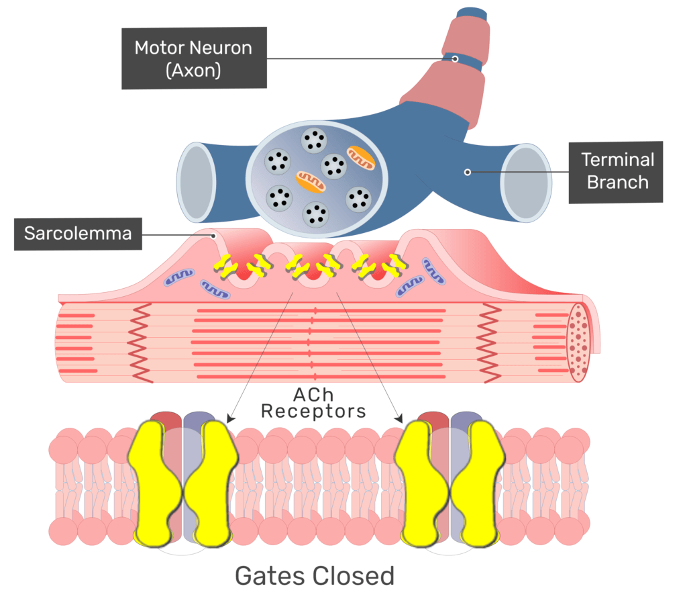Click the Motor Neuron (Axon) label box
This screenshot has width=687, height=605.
click(193, 58)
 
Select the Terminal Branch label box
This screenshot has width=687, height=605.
click(615, 172)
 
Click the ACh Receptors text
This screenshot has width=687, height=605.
click(313, 402)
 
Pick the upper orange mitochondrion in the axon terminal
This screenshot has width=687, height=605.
click(361, 157)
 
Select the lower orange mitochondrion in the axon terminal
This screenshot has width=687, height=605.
click(311, 181)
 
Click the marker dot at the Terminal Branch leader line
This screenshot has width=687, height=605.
click(468, 173)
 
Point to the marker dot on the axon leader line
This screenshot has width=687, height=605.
click(455, 59)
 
